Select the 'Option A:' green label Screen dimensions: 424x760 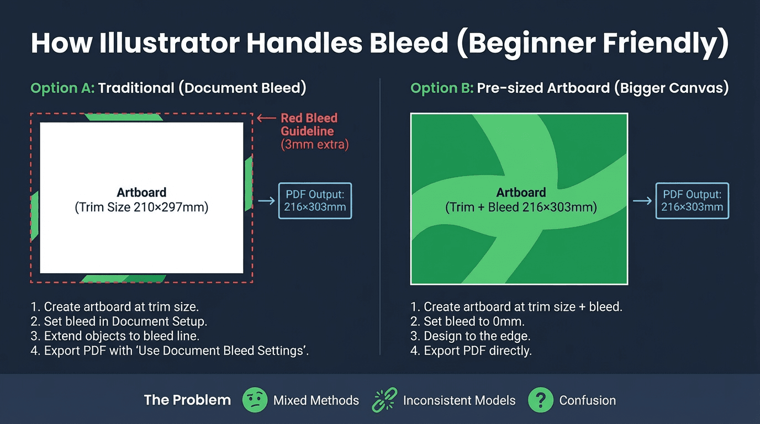tap(62, 88)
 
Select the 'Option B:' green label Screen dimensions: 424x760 tap(442, 88)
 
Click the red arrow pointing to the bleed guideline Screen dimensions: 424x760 tap(266, 118)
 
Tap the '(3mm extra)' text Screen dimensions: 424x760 tap(314, 145)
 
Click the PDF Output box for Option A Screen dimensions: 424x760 tap(315, 201)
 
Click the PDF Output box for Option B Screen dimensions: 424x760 tap(692, 201)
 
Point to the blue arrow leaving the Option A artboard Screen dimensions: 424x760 tap(266, 200)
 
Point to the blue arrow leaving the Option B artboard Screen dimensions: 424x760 tap(642, 200)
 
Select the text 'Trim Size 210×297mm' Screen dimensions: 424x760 tap(141, 208)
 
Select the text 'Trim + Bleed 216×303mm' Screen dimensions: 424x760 tap(521, 208)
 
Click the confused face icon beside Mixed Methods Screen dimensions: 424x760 tap(255, 400)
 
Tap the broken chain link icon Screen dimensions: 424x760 tap(384, 400)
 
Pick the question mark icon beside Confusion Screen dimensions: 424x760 tap(541, 400)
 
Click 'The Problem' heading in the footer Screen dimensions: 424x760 tap(187, 400)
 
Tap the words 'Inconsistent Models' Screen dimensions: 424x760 tap(459, 400)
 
